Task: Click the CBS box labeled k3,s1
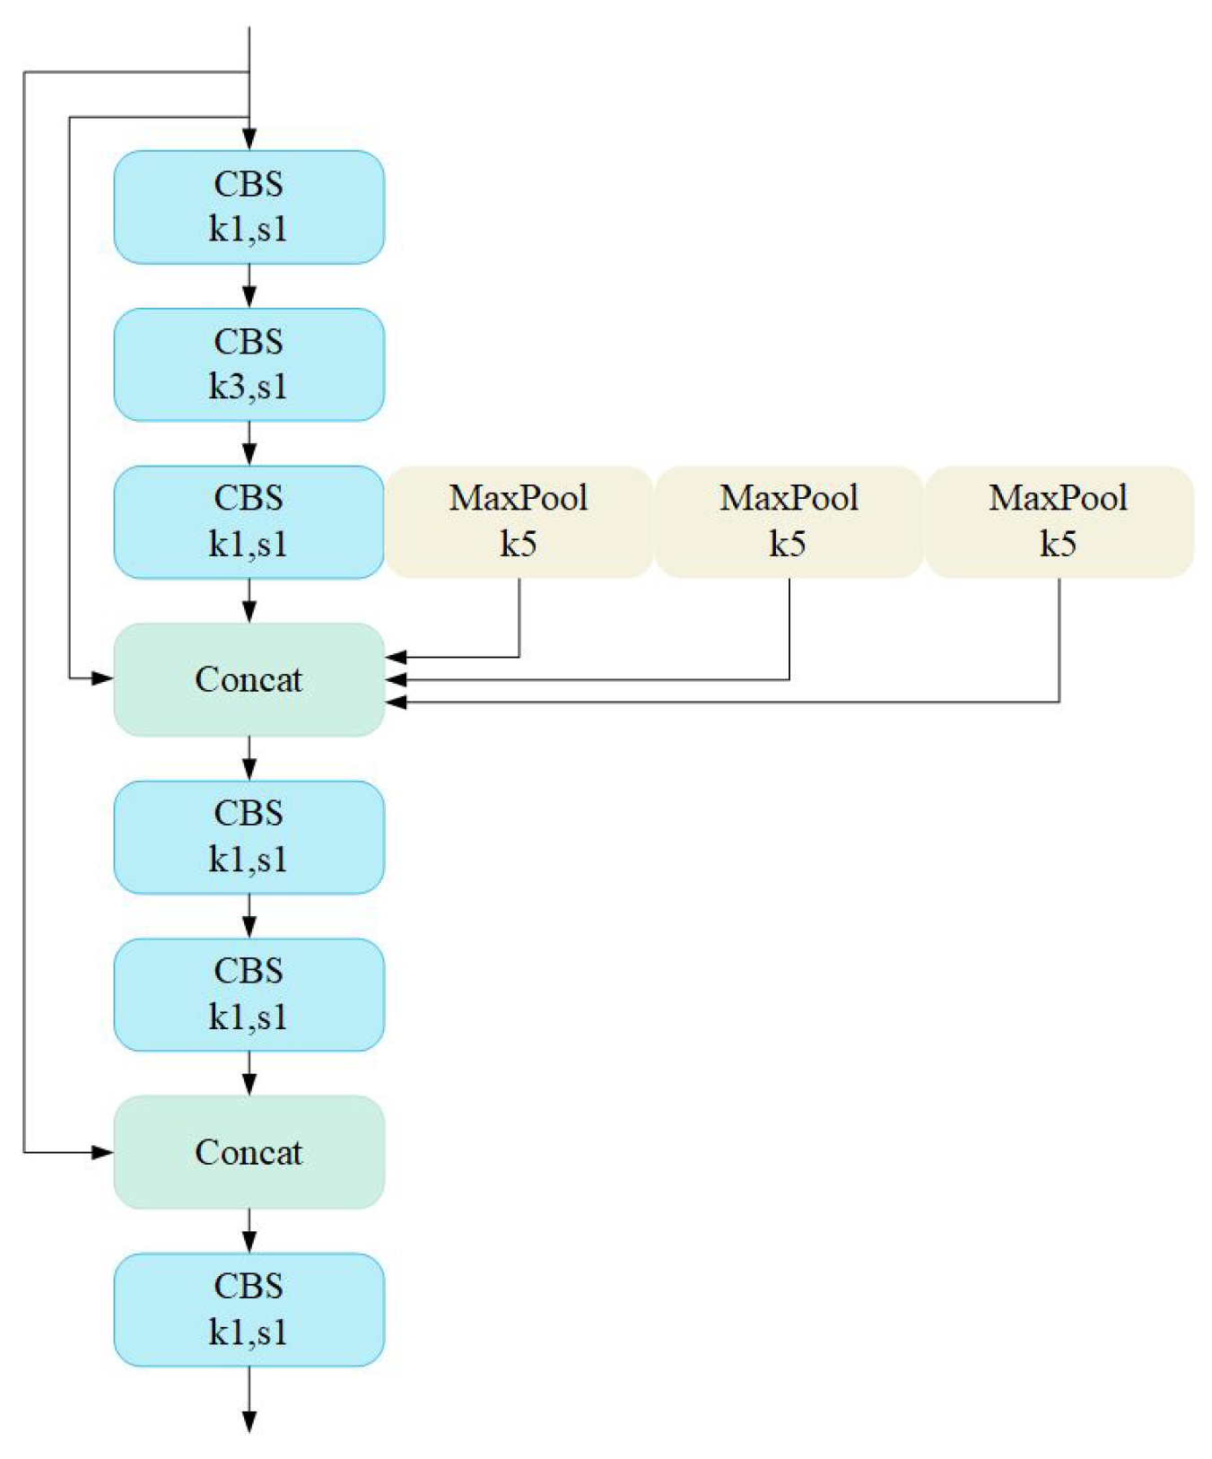click(249, 364)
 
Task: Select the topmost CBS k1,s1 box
click(249, 207)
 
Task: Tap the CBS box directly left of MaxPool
click(249, 521)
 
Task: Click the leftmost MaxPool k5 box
click(519, 521)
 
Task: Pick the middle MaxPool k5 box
click(789, 521)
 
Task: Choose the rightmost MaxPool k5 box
click(1059, 521)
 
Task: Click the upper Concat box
click(249, 679)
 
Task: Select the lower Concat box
click(249, 1152)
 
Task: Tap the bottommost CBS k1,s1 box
click(249, 1309)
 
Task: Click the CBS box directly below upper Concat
click(249, 836)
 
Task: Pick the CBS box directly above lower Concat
click(249, 994)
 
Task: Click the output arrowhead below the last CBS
click(249, 1421)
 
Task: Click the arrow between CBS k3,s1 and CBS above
click(249, 287)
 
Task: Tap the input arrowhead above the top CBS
click(249, 139)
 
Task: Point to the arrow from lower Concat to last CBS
click(249, 1231)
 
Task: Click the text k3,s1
click(249, 387)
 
